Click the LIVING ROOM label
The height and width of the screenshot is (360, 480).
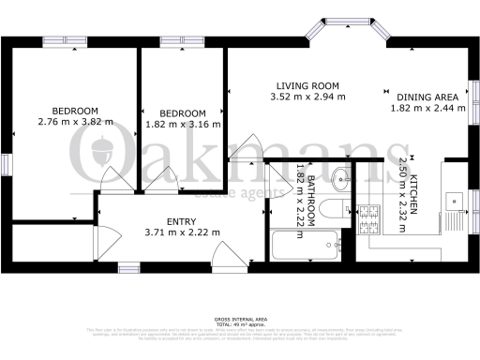(x=305, y=85)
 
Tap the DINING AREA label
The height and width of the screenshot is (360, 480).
(x=427, y=97)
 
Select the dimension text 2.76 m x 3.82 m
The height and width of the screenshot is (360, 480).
(x=75, y=122)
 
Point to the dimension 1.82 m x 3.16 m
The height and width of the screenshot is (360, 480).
(x=183, y=123)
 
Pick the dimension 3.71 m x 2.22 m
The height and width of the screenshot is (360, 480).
(x=182, y=232)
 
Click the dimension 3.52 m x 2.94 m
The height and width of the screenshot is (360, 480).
(x=305, y=97)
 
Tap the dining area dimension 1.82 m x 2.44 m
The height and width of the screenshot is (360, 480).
(x=427, y=108)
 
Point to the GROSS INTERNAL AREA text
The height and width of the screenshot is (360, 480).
(x=239, y=319)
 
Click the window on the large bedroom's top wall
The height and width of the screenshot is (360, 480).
(x=66, y=41)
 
